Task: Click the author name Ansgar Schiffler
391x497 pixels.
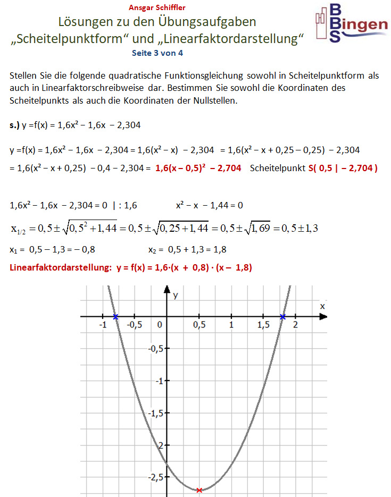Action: (x=157, y=8)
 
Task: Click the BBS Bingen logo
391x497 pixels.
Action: (x=351, y=23)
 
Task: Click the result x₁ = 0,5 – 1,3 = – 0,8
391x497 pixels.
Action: (x=53, y=249)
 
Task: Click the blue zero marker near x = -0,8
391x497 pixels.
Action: (x=115, y=317)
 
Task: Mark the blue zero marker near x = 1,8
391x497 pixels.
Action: (x=283, y=317)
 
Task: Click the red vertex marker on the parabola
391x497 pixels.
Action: (x=199, y=490)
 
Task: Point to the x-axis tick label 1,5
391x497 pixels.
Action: (x=262, y=325)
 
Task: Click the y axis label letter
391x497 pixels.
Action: (x=174, y=296)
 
